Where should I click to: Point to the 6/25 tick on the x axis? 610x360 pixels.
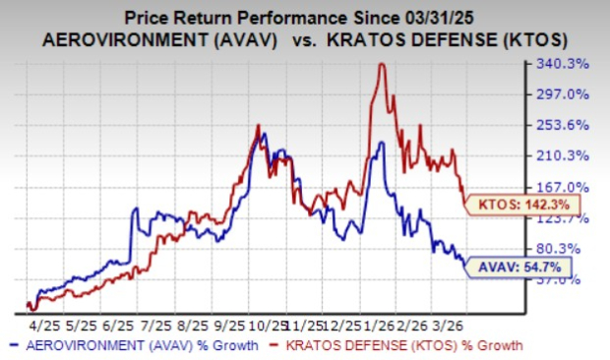click(117, 324)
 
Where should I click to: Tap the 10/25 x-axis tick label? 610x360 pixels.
click(266, 324)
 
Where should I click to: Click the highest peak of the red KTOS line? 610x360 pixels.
click(381, 65)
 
